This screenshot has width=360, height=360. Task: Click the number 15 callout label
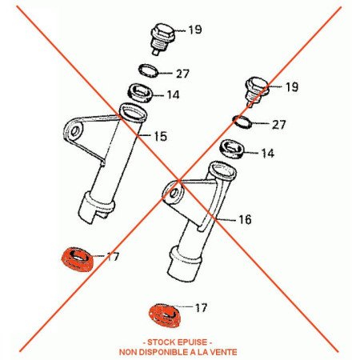(x=161, y=136)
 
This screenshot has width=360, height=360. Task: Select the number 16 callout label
(x=245, y=219)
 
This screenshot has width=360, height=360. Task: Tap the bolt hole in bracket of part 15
(x=75, y=131)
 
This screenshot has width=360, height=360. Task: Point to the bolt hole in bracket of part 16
(x=174, y=193)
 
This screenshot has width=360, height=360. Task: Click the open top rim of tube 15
(x=133, y=113)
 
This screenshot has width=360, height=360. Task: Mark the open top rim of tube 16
(x=222, y=170)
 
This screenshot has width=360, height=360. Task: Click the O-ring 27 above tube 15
(x=149, y=70)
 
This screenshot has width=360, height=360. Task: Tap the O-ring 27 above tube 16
(x=242, y=122)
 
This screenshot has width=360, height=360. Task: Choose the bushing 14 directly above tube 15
(x=142, y=93)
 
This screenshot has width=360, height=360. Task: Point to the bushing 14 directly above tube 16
(x=232, y=149)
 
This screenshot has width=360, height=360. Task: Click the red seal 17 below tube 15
(x=77, y=260)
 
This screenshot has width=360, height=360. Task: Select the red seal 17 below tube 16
(x=164, y=316)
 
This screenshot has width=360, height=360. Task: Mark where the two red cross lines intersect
(x=178, y=180)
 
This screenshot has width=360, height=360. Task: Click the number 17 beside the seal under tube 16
(x=201, y=308)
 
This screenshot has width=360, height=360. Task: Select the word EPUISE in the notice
(x=192, y=342)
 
